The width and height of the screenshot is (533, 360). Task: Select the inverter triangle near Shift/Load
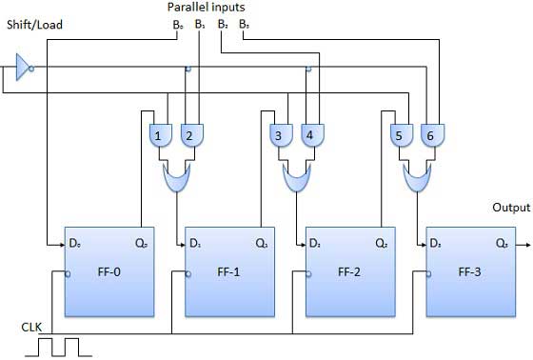24,68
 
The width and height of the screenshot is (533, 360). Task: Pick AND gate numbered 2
189,136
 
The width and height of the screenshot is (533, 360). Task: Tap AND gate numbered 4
309,136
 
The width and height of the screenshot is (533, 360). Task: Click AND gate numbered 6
430,136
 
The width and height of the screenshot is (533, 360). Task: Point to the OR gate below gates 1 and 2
177,174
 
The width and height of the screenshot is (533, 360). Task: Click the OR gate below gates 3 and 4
296,174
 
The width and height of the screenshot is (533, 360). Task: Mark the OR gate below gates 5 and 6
416,174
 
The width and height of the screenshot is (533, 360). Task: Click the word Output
511,208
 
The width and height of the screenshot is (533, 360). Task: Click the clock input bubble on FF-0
68,275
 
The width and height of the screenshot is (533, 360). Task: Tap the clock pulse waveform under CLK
54,347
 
